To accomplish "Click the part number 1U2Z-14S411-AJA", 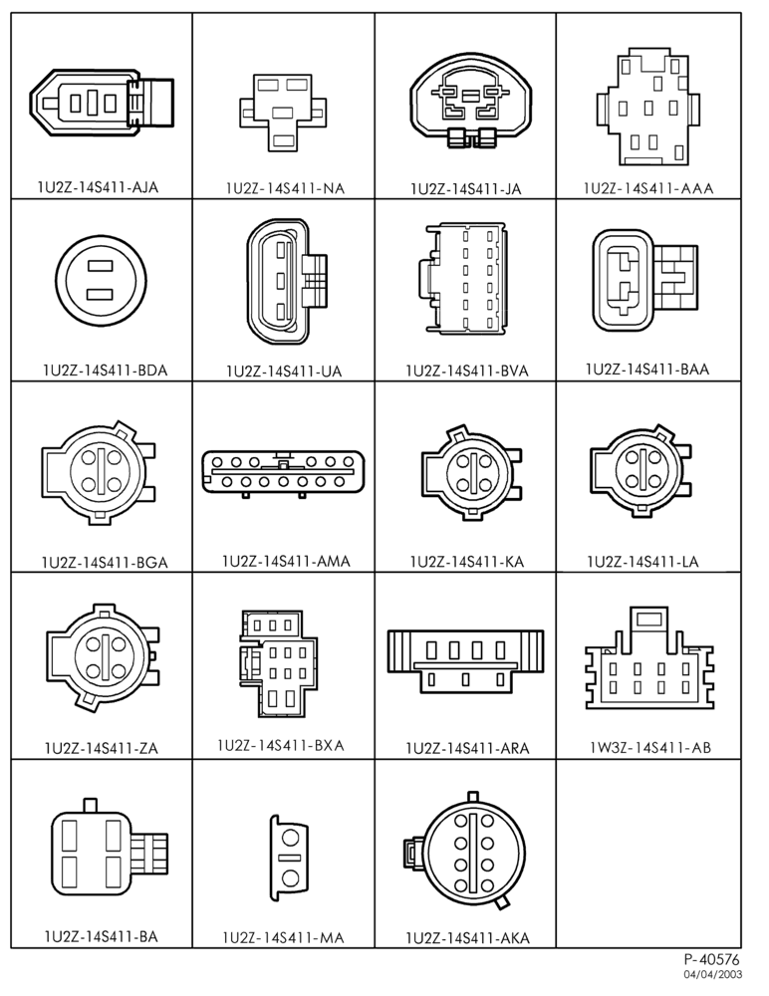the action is (x=98, y=187).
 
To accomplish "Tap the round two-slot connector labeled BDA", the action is (x=99, y=280).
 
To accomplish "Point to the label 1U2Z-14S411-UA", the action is (x=284, y=371).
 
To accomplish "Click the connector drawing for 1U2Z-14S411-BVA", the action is (x=462, y=278).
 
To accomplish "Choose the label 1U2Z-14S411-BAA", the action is (x=647, y=370).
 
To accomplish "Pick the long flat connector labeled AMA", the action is (x=284, y=472).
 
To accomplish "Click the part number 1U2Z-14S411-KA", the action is (x=466, y=562).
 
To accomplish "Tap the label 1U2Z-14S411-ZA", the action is (x=101, y=748).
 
